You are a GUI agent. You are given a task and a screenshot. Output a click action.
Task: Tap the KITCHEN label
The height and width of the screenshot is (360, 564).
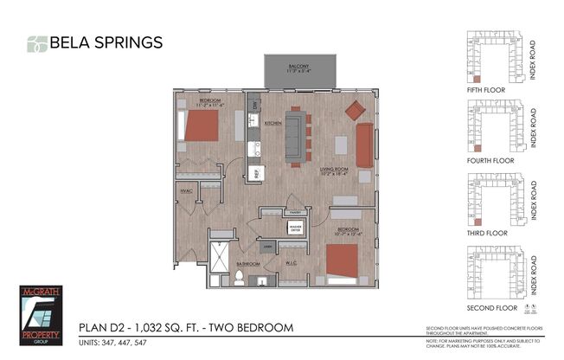(273, 124)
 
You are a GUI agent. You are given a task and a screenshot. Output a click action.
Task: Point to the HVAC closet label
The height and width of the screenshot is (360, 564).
(186, 190)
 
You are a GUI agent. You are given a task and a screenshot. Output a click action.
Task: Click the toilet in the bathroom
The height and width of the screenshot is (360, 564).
(238, 278)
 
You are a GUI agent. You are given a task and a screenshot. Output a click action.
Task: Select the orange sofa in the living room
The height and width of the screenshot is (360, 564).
(364, 145)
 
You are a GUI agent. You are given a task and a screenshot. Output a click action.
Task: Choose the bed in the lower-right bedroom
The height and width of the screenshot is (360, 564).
(342, 260)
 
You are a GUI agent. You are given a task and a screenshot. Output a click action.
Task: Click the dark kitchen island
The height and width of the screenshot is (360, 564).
(296, 135)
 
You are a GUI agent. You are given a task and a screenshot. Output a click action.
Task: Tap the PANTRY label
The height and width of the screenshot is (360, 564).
(295, 210)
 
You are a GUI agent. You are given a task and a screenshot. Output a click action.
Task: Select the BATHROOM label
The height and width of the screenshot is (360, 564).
(248, 263)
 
